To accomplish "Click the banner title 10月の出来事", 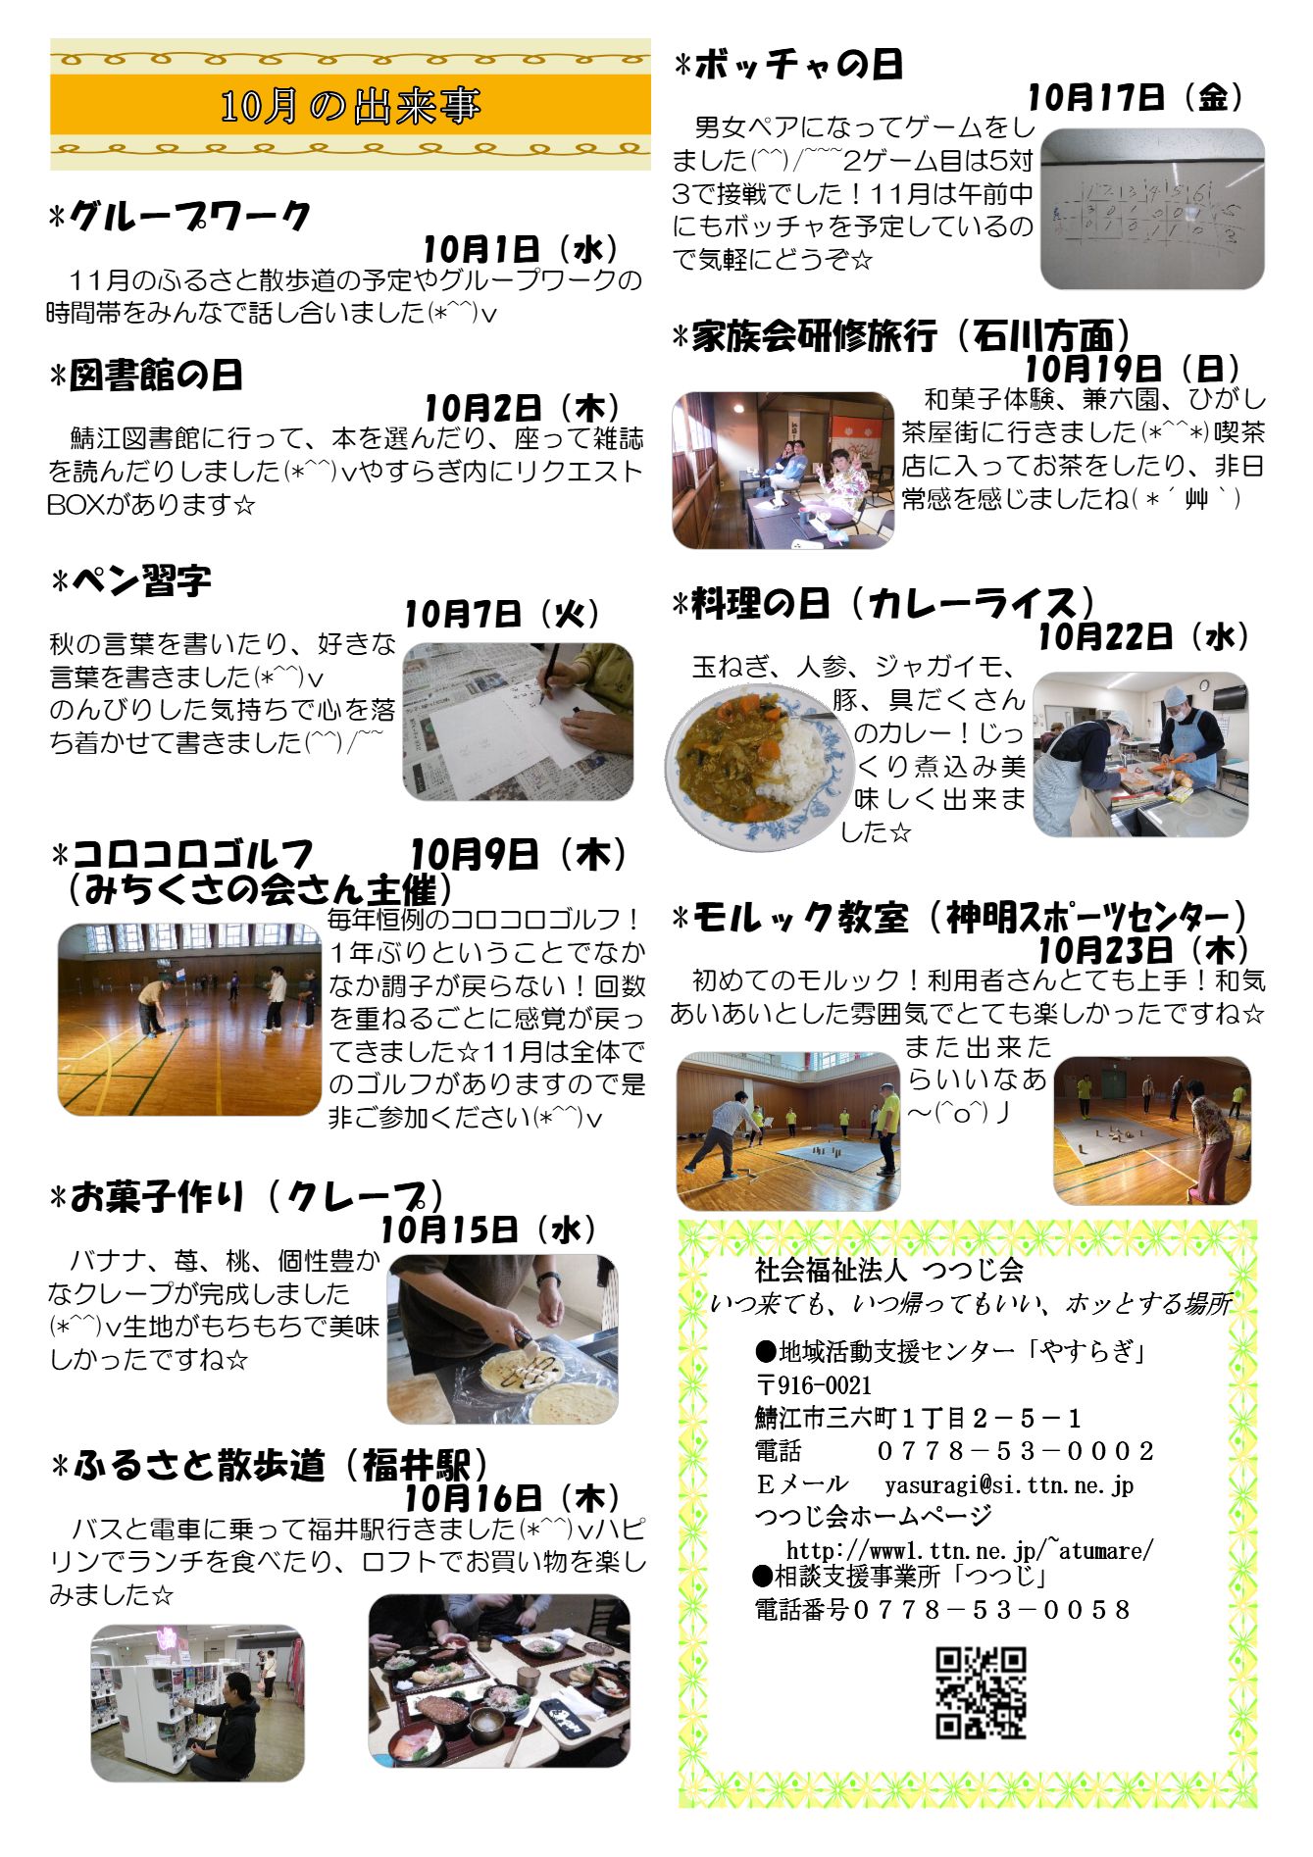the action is (x=350, y=106).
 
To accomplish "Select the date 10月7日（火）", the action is (x=502, y=614).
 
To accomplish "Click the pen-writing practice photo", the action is (x=518, y=721).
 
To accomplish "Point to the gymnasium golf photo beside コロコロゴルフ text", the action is (x=189, y=1019).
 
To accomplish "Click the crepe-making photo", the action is (x=502, y=1339).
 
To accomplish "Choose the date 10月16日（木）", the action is (x=513, y=1497).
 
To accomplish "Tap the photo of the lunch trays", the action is (x=499, y=1681).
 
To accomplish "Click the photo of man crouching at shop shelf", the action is (x=197, y=1703).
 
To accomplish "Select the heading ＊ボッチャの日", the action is (x=789, y=66).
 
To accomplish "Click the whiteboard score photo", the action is (x=1152, y=209).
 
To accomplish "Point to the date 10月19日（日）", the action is (x=1133, y=369).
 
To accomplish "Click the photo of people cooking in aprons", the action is (x=1140, y=754).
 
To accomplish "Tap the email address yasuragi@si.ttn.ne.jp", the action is (x=1009, y=1484).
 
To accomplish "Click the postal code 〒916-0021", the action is (x=813, y=1385).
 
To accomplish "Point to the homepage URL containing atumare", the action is (x=970, y=1550).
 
